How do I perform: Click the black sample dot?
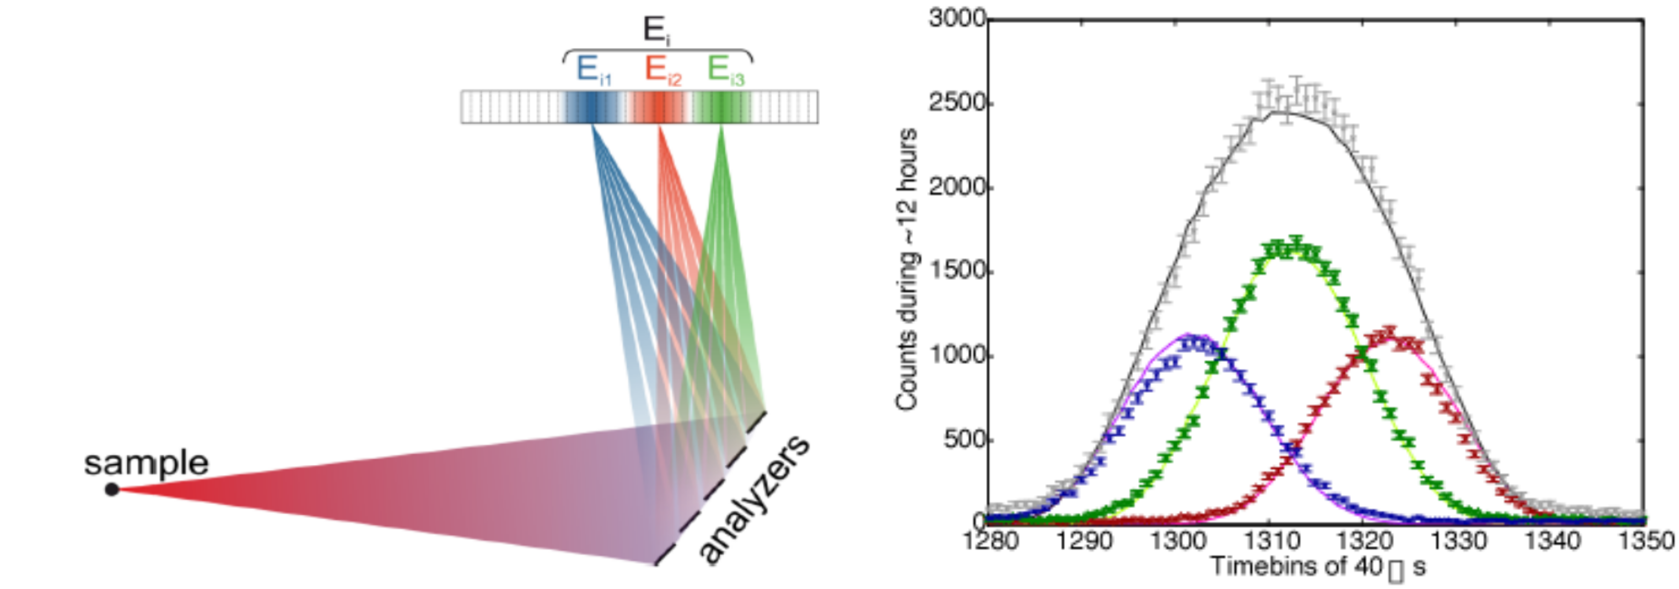(x=112, y=489)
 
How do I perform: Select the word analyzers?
(x=755, y=499)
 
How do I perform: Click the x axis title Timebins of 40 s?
(x=1317, y=566)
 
